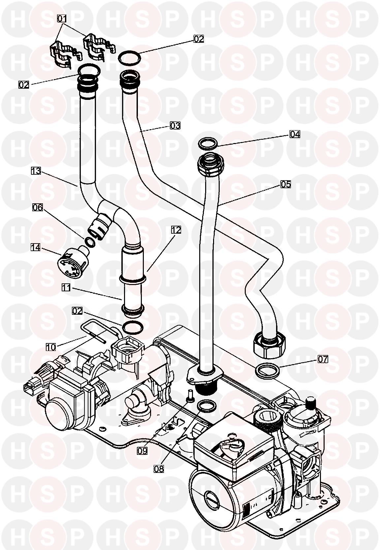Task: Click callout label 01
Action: point(62,19)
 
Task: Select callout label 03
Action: point(175,125)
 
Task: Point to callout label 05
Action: point(286,184)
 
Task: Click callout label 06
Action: point(38,207)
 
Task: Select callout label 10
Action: point(51,347)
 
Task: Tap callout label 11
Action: point(67,288)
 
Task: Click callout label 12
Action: point(176,230)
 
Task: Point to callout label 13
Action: point(36,171)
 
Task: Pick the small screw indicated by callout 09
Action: point(190,395)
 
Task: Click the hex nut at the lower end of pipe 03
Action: point(266,345)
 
